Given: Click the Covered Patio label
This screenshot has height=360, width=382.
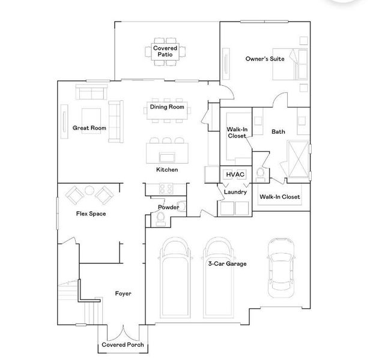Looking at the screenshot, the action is coord(165,52).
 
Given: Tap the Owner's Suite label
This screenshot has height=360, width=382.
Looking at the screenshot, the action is coord(265,59).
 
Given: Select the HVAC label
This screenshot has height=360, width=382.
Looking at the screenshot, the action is coord(235,175).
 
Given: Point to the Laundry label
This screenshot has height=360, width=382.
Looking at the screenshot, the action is coord(235,192).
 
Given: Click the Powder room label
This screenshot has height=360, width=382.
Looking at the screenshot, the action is coord(169,208).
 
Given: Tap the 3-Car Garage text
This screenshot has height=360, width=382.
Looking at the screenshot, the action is coord(227,264).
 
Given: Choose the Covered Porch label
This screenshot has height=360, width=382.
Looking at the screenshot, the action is coord(123,344).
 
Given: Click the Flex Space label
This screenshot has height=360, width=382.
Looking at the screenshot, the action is coord(91,214).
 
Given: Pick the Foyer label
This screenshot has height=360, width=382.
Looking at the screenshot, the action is coord(123,293).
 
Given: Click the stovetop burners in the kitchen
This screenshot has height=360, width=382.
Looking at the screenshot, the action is coord(166,188).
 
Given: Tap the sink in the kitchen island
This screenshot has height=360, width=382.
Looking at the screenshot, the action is coord(167,157).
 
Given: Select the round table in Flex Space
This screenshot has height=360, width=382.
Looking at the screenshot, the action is coord(89,190).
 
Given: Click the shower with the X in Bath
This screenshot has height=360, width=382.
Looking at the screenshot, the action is coord(298,159).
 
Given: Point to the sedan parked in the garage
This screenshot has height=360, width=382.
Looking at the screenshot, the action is coord(281,268).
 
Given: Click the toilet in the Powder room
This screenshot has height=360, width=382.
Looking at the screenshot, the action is coord(160,219).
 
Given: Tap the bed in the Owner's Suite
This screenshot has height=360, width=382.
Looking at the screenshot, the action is coord(290,64).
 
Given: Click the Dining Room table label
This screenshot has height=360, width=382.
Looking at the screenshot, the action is coord(167,107).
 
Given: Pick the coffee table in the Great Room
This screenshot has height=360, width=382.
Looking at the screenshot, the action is coord(91,121).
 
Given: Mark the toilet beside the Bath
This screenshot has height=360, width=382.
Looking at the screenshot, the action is coord(261,174).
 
